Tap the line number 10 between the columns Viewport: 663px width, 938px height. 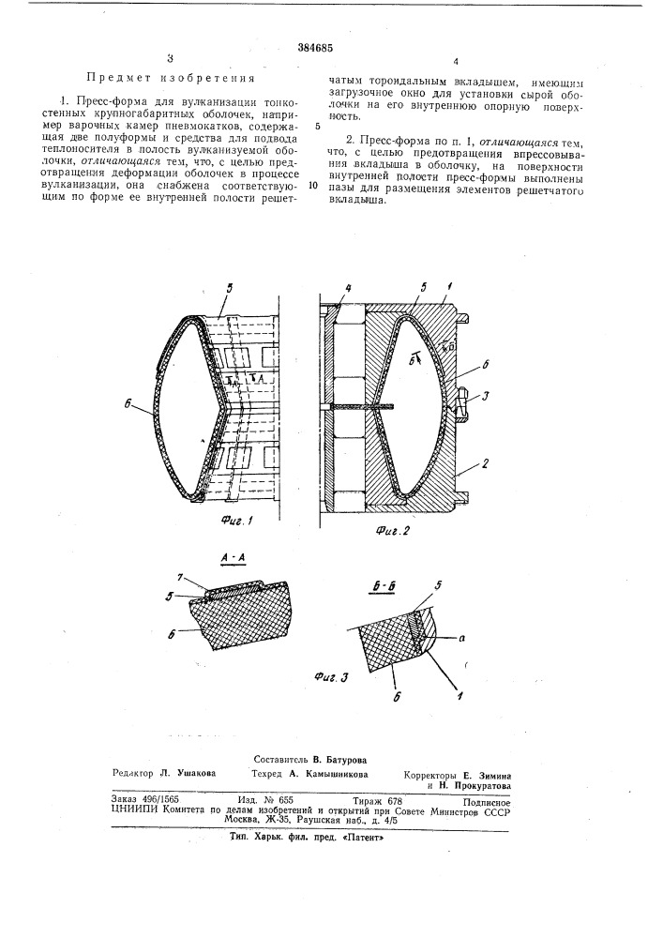click(313, 186)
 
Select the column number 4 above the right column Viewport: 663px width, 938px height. click(454, 62)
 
